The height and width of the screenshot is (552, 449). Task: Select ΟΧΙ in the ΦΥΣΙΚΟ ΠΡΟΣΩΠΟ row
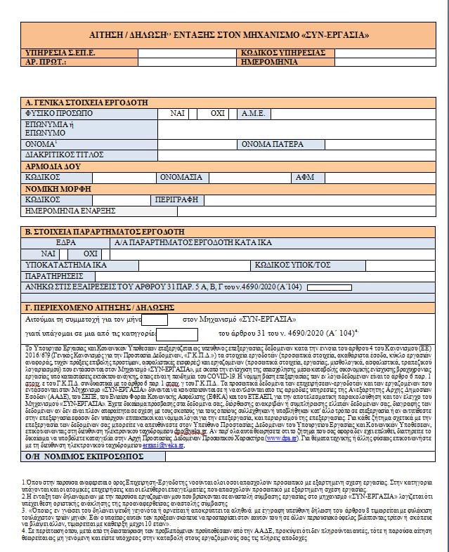tap(218, 113)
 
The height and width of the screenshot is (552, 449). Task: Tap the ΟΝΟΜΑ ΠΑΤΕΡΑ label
tap(274, 144)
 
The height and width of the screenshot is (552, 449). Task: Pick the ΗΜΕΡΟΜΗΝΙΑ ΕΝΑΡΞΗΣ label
tap(70, 210)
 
